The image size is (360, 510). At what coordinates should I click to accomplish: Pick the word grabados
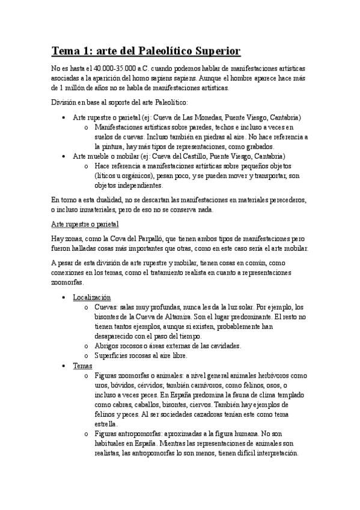point(255,146)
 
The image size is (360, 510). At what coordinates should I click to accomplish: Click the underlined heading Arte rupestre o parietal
point(85,224)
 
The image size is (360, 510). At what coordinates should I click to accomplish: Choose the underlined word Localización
point(92,297)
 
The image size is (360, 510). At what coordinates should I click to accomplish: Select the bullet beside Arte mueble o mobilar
point(64,156)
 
